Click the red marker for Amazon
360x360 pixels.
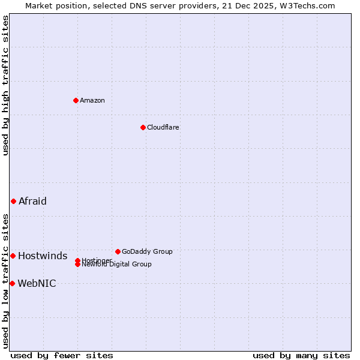[76, 100]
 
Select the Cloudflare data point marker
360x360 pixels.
[143, 127]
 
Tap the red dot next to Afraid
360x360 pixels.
[13, 201]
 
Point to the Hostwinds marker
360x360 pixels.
[13, 256]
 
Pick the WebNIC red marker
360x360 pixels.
[12, 283]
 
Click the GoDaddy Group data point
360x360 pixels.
[118, 251]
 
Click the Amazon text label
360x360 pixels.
[92, 100]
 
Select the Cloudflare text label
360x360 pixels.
[163, 127]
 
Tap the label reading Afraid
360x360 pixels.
[32, 201]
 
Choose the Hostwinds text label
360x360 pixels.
[43, 256]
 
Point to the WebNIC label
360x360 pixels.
[37, 284]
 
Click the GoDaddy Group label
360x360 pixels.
[147, 251]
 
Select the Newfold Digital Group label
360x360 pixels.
[117, 265]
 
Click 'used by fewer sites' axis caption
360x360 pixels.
[62, 355]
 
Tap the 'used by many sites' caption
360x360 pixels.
[301, 355]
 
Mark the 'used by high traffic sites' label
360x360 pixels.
[5, 85]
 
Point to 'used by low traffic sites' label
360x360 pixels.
[5, 280]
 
